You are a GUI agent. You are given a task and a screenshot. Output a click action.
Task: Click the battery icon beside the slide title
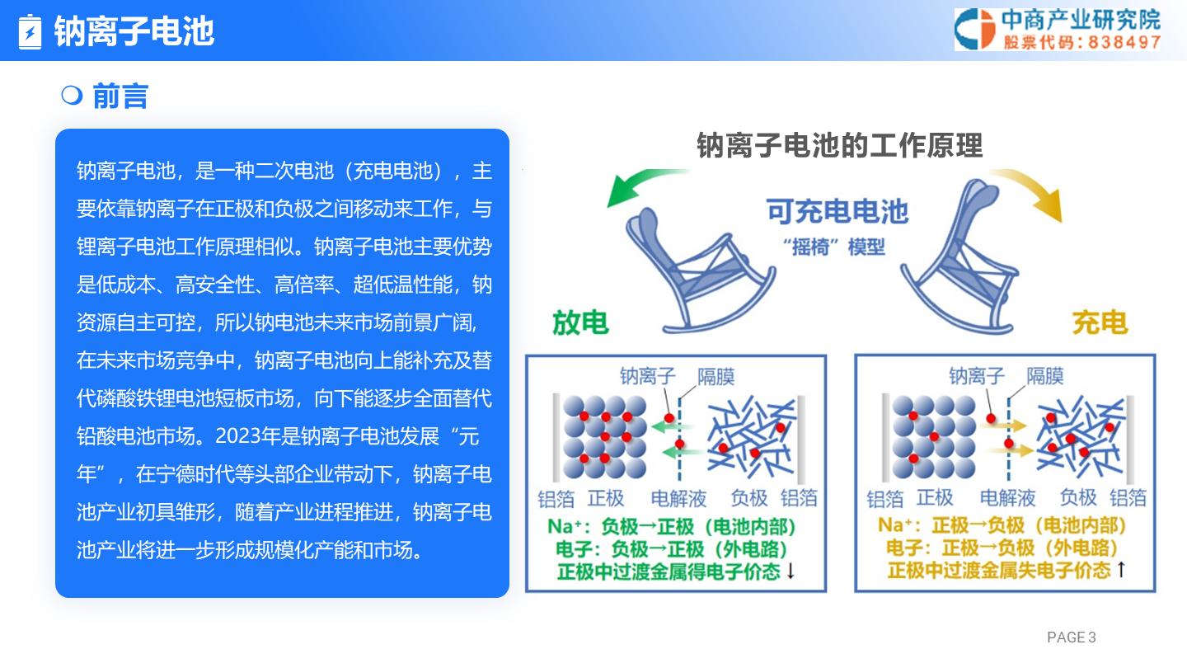tap(30, 32)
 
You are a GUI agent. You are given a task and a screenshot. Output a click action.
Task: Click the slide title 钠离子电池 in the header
tap(134, 31)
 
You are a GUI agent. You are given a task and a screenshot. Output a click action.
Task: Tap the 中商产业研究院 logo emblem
tap(975, 29)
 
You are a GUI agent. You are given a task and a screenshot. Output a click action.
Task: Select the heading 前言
tap(120, 96)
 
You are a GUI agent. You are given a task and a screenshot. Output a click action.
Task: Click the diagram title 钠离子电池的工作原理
tap(840, 145)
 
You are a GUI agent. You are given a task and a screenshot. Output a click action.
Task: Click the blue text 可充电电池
tap(837, 211)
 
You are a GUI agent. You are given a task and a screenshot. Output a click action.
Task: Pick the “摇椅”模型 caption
tap(834, 247)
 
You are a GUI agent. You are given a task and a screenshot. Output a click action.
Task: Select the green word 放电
tap(580, 323)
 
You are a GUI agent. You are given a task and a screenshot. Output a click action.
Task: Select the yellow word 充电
tap(1100, 323)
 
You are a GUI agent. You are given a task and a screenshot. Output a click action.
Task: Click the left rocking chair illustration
tap(700, 270)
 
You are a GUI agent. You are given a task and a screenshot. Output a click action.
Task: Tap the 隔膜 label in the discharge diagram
tap(715, 376)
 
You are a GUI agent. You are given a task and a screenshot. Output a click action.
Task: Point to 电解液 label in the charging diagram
tap(1007, 498)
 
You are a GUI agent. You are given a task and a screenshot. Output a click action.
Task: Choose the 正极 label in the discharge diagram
tap(606, 498)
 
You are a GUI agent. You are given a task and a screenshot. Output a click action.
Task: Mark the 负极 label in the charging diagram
tap(1078, 497)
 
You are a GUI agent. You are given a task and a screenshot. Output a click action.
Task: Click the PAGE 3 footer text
tap(1071, 637)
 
